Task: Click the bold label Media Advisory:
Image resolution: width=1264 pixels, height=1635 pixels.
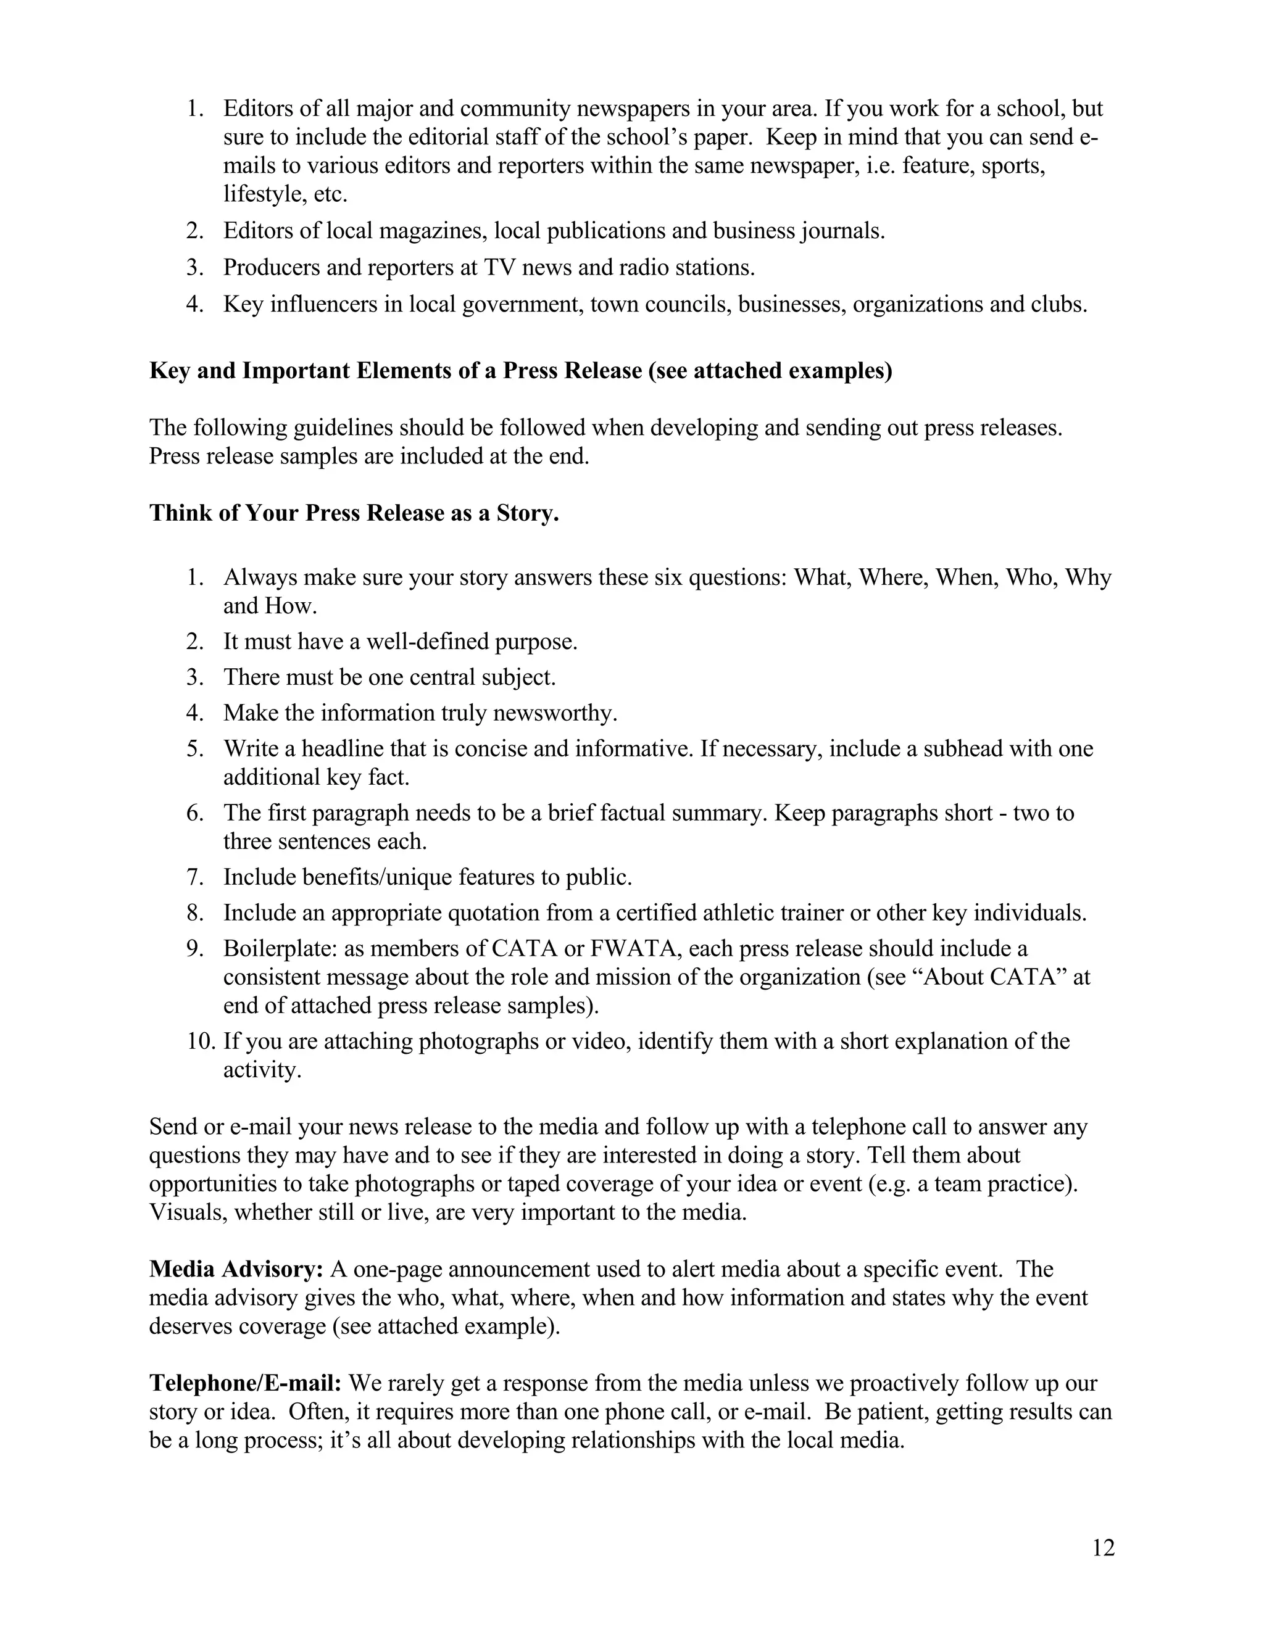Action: pos(236,1269)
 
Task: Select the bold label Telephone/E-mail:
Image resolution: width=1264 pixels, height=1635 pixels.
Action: pos(245,1383)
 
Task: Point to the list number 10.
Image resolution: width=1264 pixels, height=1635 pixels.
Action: pos(201,1041)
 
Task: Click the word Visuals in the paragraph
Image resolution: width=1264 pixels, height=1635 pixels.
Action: pos(187,1212)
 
